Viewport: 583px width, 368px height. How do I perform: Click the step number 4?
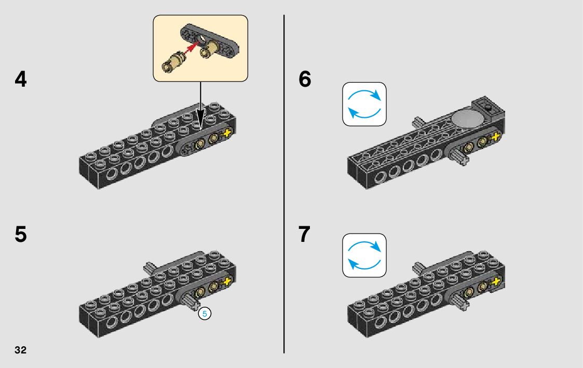[x=21, y=80]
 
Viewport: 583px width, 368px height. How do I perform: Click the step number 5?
[x=21, y=235]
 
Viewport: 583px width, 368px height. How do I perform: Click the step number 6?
[x=305, y=80]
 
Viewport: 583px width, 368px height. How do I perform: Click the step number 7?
[x=305, y=235]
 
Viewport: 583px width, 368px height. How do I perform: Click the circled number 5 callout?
[x=205, y=314]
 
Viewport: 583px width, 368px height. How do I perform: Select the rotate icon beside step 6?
[x=364, y=104]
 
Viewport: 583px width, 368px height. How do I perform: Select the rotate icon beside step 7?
[x=364, y=255]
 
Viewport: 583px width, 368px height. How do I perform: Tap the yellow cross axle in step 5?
[x=227, y=282]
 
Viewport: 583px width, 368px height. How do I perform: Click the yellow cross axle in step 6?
[x=496, y=137]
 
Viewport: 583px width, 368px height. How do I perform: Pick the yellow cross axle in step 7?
[x=496, y=282]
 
